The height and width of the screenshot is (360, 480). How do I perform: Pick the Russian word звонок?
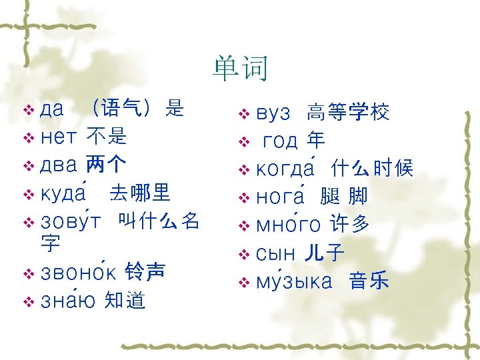point(79,273)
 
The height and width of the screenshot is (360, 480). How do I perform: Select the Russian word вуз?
point(273,114)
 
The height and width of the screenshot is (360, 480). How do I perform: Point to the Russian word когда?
point(289,169)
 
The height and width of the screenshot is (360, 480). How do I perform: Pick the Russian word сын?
point(276,254)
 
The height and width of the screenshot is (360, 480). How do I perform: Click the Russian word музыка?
point(294,282)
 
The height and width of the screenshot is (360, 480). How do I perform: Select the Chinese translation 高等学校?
point(348,113)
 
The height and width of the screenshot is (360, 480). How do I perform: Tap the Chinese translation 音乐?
point(369,281)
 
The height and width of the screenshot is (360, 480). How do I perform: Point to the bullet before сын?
point(243,254)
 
